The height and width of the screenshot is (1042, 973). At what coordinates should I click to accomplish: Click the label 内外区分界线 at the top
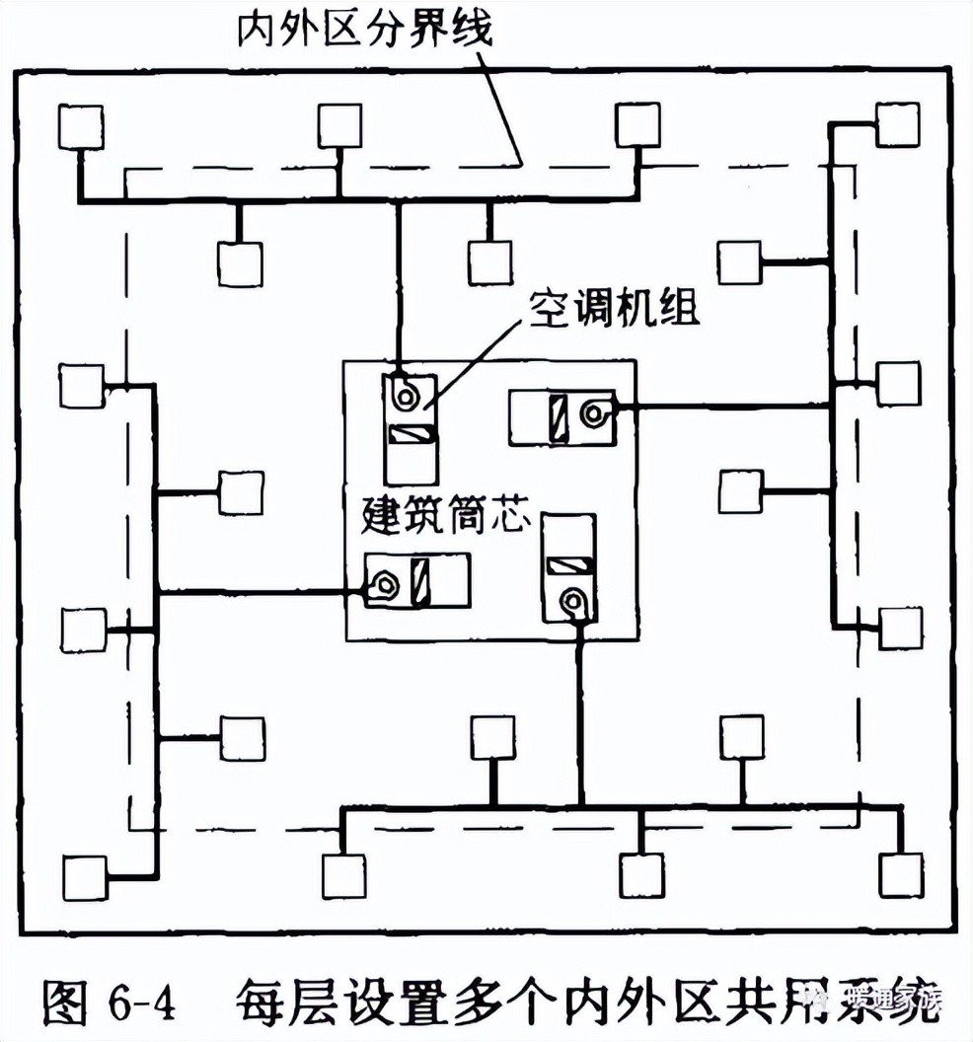click(363, 30)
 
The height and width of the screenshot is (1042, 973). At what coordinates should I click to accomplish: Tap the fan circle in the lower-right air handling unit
click(571, 599)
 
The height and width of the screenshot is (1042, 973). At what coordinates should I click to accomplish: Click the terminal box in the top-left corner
click(80, 124)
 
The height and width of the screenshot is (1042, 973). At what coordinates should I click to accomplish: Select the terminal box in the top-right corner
click(898, 123)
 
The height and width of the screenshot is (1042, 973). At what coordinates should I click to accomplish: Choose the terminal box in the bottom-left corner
click(84, 876)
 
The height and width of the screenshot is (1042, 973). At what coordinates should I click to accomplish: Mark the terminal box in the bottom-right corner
click(901, 874)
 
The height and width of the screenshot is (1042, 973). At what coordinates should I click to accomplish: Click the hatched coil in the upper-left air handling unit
click(411, 434)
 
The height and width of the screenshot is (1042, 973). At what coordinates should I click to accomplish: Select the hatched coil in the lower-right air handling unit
click(569, 565)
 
